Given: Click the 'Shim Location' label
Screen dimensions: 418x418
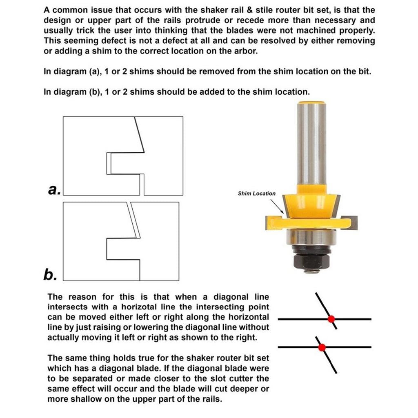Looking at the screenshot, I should (x=256, y=193).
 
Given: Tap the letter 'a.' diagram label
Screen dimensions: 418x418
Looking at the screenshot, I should (x=53, y=189).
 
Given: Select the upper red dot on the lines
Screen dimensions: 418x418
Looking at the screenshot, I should (x=331, y=318).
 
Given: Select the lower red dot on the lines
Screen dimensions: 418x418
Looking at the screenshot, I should (x=322, y=347).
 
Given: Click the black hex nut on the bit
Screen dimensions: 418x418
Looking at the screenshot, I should (x=311, y=258).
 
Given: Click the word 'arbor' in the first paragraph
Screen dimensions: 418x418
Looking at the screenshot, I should (x=245, y=51).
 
